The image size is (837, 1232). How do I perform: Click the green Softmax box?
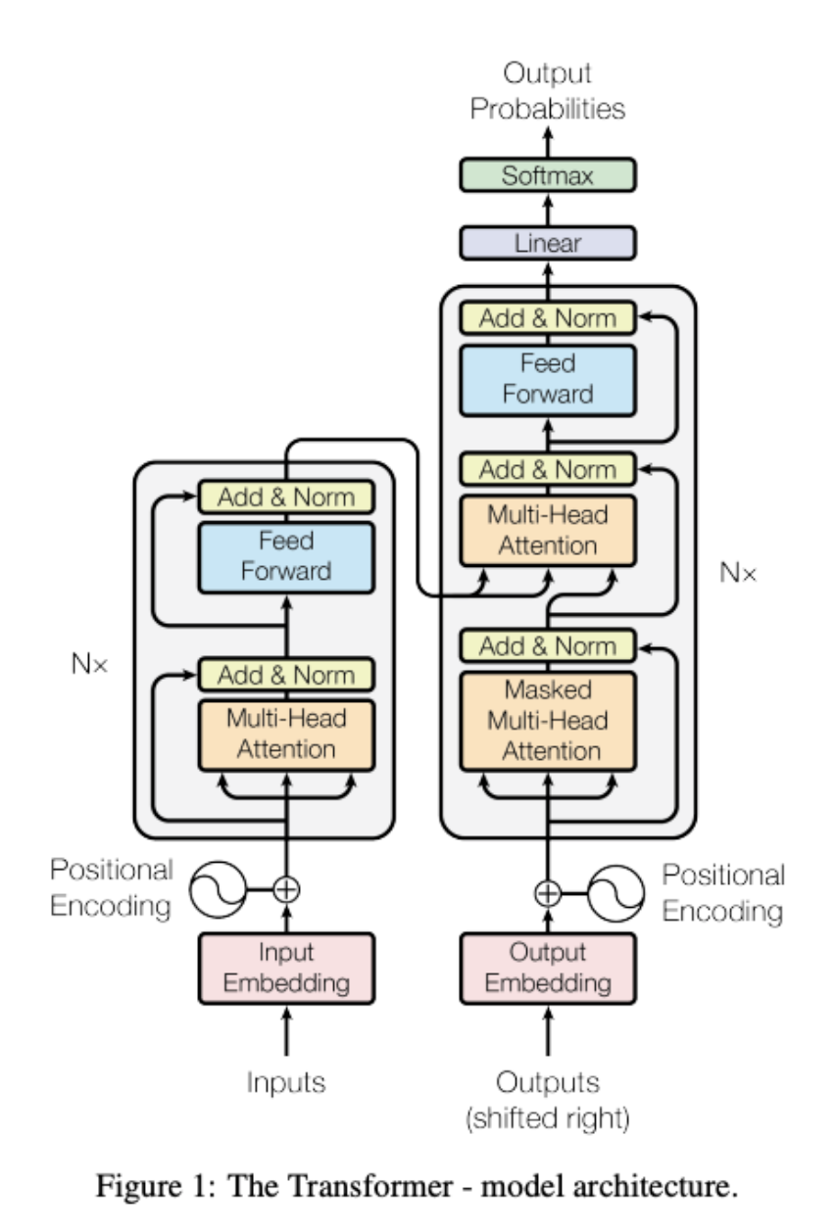(548, 176)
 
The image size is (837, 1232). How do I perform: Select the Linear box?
(548, 243)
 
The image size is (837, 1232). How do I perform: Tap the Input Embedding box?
(285, 968)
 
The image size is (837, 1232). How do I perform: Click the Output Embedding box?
(548, 968)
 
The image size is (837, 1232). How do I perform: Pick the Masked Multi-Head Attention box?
(548, 721)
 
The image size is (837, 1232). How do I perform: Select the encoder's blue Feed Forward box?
(285, 556)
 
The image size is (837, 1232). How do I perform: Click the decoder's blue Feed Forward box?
(548, 379)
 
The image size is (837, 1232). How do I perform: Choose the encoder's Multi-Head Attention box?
(285, 734)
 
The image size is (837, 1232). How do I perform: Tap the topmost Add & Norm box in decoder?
(548, 318)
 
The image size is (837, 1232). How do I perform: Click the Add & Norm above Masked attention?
(548, 645)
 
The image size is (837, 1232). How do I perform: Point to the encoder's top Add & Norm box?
(285, 498)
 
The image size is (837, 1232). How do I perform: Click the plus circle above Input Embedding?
(285, 889)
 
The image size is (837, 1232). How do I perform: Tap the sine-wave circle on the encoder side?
(214, 889)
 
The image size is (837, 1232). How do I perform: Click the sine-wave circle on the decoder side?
(619, 891)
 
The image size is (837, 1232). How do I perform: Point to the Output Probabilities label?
(548, 91)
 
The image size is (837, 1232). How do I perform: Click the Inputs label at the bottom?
(285, 1082)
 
